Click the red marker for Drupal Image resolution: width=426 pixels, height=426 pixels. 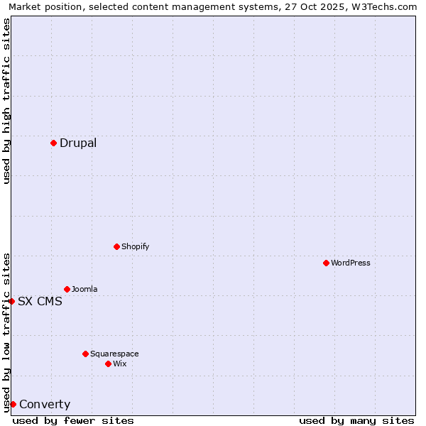(53, 143)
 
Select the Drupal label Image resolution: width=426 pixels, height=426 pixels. (78, 143)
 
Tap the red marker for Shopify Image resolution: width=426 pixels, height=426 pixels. (116, 246)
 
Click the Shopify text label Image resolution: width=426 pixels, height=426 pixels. (135, 246)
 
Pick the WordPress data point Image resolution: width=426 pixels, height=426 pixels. (326, 263)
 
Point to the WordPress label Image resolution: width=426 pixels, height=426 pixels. (351, 263)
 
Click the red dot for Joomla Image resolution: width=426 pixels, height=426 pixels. (67, 289)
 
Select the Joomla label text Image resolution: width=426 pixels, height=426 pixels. (84, 289)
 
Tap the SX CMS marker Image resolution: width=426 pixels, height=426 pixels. (11, 301)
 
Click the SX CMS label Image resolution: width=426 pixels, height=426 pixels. (40, 301)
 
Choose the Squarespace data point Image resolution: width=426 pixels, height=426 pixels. (85, 354)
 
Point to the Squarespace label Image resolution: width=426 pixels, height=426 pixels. (114, 354)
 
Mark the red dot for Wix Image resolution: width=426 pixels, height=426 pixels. (108, 364)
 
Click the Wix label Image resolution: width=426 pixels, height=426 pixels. (120, 364)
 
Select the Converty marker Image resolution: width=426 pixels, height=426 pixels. (13, 404)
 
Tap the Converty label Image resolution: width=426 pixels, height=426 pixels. (45, 405)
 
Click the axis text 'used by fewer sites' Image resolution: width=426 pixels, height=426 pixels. (73, 420)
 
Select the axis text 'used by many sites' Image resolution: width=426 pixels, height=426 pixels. (356, 420)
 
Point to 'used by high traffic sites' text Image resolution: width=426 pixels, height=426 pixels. (6, 101)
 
